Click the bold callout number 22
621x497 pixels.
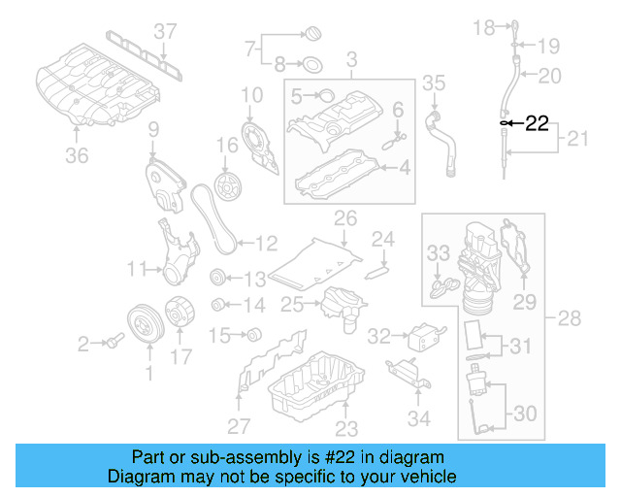pyautogui.click(x=537, y=123)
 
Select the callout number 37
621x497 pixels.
pyautogui.click(x=166, y=30)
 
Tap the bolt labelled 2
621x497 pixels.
pyautogui.click(x=114, y=341)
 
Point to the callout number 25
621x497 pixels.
pyautogui.click(x=291, y=305)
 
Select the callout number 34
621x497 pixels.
pyautogui.click(x=418, y=418)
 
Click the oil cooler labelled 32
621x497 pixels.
pyautogui.click(x=423, y=336)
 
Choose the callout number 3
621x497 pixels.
pyautogui.click(x=351, y=59)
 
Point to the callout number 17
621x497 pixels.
pyautogui.click(x=181, y=356)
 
